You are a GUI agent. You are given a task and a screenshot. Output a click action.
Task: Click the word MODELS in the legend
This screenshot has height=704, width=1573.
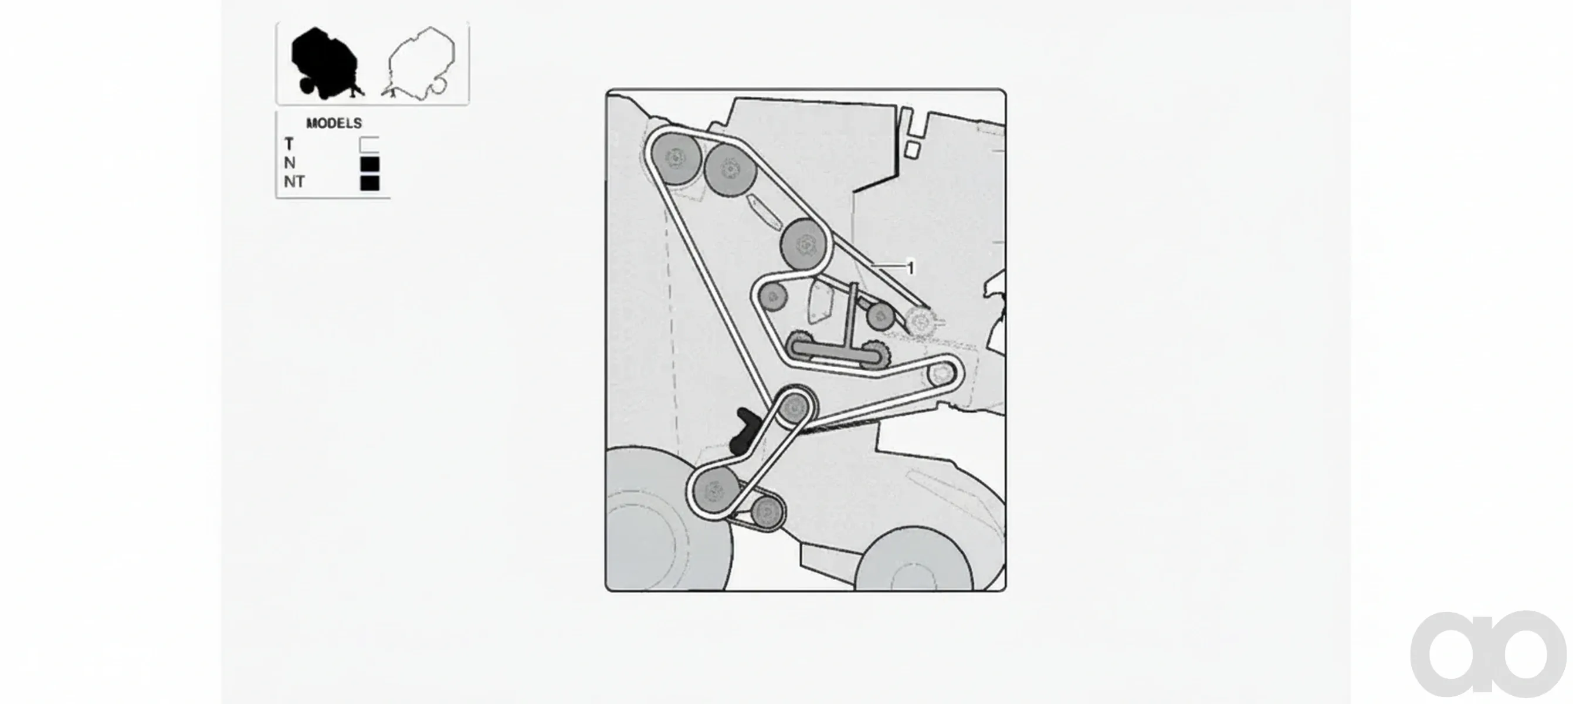[334, 123]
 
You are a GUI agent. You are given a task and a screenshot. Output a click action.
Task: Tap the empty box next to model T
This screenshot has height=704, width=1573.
[369, 145]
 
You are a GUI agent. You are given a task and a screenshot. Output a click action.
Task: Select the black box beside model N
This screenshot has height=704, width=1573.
[370, 164]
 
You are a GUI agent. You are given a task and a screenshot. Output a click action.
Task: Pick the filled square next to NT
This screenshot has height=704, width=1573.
[370, 182]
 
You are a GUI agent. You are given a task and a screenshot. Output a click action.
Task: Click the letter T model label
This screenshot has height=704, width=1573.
[289, 144]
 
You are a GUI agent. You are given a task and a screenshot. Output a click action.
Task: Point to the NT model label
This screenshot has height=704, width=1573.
[294, 182]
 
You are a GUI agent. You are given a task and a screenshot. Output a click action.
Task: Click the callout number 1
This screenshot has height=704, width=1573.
[911, 268]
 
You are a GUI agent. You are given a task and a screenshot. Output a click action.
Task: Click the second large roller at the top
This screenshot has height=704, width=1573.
[730, 169]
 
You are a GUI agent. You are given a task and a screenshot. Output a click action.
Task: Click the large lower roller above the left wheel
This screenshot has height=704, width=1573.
[713, 490]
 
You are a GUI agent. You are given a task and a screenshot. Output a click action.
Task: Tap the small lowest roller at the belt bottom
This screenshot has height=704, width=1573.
[767, 512]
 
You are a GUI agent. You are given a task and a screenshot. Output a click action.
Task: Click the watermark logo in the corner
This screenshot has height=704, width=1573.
[1488, 653]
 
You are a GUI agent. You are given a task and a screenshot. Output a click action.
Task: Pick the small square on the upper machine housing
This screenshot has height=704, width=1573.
[911, 150]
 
